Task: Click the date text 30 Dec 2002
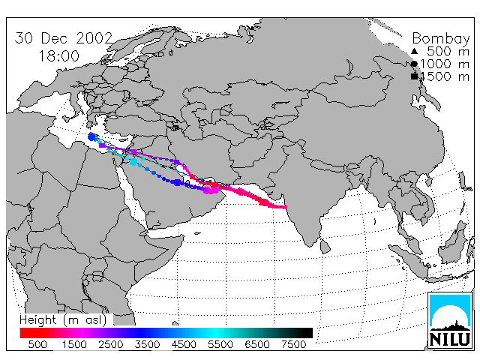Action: (64, 38)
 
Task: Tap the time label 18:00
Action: (58, 56)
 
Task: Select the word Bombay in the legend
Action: (441, 39)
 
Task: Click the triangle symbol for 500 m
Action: (414, 51)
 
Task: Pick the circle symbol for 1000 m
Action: (414, 64)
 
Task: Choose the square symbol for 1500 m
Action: (414, 76)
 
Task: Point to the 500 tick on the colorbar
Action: (37, 345)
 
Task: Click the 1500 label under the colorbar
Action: (74, 345)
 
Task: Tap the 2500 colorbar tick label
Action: (111, 345)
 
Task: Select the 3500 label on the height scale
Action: (147, 345)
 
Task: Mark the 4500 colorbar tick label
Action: (184, 345)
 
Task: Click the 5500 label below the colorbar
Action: (220, 345)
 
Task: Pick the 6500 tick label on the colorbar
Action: (256, 345)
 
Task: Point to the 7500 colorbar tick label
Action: (293, 345)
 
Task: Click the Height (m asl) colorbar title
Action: (63, 320)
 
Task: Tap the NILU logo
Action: (450, 320)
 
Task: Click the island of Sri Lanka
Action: (325, 247)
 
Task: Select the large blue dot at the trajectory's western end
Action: (91, 137)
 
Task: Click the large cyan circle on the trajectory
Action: (133, 162)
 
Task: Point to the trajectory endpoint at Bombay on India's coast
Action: (286, 207)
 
